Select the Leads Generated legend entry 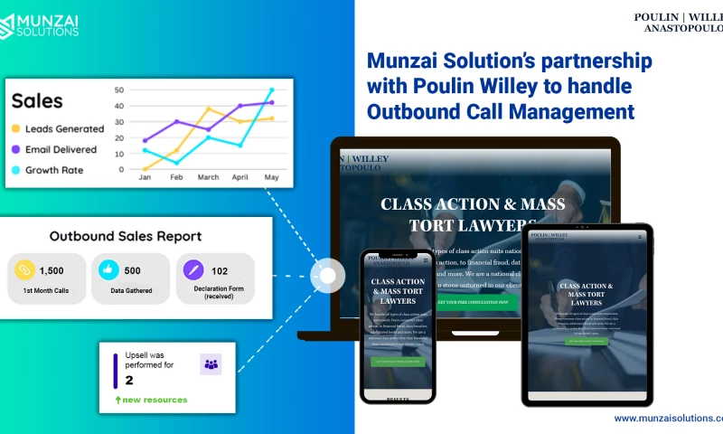[x=64, y=128]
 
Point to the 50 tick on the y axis [x=119, y=90]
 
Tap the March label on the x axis [x=208, y=177]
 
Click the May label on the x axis [x=271, y=177]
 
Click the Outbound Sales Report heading [x=126, y=237]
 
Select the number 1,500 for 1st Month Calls [x=52, y=270]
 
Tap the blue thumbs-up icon [x=108, y=269]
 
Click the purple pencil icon [x=193, y=269]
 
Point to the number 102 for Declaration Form [x=220, y=270]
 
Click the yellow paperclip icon [x=23, y=269]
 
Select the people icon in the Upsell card [x=211, y=364]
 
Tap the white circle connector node [x=327, y=276]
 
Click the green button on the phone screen [x=398, y=361]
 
